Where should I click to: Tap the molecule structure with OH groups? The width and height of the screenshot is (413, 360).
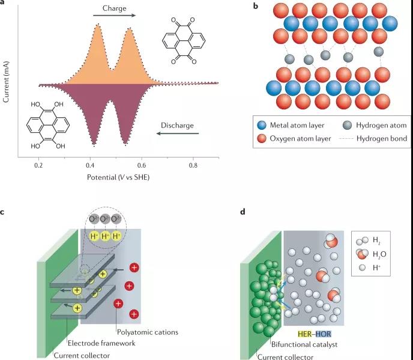pyautogui.click(x=48, y=126)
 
